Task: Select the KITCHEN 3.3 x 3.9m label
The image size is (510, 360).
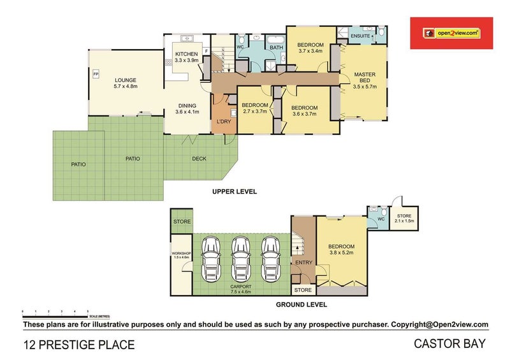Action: click(x=187, y=57)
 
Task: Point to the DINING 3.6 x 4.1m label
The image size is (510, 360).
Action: click(x=187, y=108)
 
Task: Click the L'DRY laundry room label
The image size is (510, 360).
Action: click(x=223, y=121)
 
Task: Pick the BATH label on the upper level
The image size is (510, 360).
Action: click(x=276, y=48)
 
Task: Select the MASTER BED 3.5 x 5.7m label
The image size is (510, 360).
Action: click(x=365, y=80)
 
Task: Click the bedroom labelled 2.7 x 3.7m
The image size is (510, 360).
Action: click(x=254, y=108)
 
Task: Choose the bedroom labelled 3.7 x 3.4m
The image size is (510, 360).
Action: click(x=310, y=48)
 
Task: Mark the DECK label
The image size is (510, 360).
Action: click(x=200, y=159)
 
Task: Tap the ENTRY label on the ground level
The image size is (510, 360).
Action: click(x=303, y=263)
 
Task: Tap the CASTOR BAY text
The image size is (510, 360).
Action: click(x=449, y=345)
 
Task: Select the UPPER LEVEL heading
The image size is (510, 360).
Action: click(x=235, y=191)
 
